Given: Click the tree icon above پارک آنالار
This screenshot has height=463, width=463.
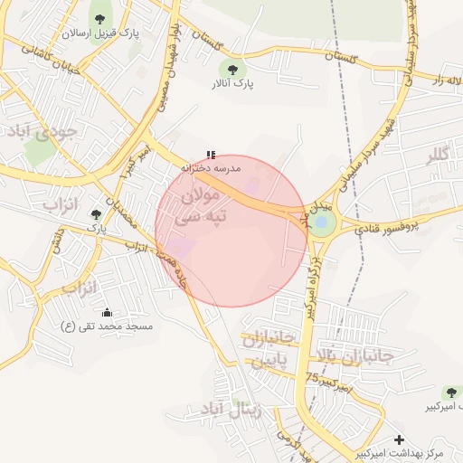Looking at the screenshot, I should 232,69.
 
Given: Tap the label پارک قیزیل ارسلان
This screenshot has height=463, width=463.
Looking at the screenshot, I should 99,33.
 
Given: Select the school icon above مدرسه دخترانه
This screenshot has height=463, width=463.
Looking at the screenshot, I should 211,155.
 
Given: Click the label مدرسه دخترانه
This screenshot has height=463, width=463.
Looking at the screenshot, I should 211,168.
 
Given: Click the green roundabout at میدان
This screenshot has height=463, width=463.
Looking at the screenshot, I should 322,222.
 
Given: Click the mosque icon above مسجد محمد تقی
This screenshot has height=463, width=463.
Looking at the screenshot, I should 108,312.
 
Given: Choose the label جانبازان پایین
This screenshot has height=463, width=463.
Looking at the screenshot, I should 269,349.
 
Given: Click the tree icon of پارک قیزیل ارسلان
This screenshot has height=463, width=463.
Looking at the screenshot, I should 99,19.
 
